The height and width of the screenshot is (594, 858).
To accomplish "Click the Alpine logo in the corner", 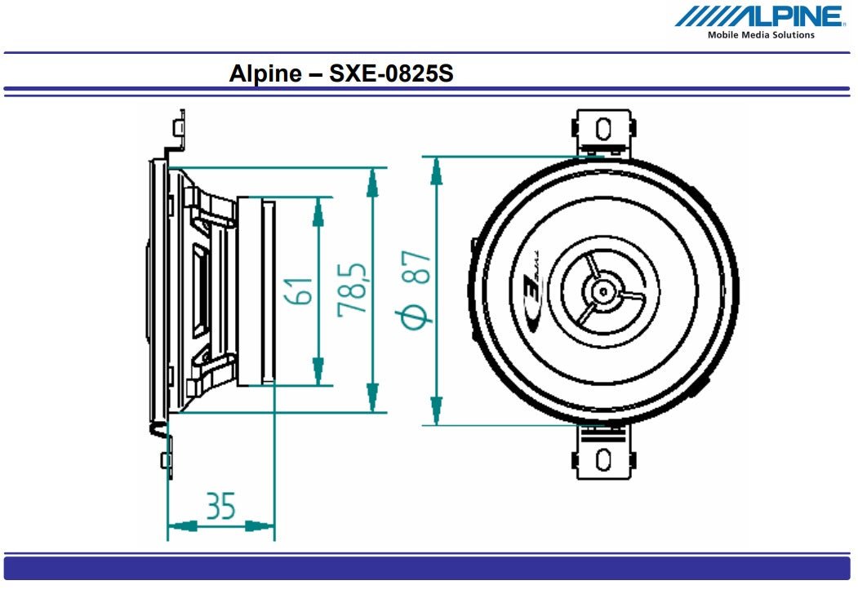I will [759, 16].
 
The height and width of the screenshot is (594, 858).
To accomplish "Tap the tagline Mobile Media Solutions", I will [760, 35].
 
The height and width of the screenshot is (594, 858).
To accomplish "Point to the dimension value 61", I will [300, 291].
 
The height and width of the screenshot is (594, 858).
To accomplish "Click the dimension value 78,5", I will [352, 291].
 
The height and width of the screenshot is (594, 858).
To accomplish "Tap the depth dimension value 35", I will [220, 506].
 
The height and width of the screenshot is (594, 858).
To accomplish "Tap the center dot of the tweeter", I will [602, 290].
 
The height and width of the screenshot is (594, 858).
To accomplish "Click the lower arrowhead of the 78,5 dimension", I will [373, 399].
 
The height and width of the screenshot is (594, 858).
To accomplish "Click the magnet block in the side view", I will [268, 291].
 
